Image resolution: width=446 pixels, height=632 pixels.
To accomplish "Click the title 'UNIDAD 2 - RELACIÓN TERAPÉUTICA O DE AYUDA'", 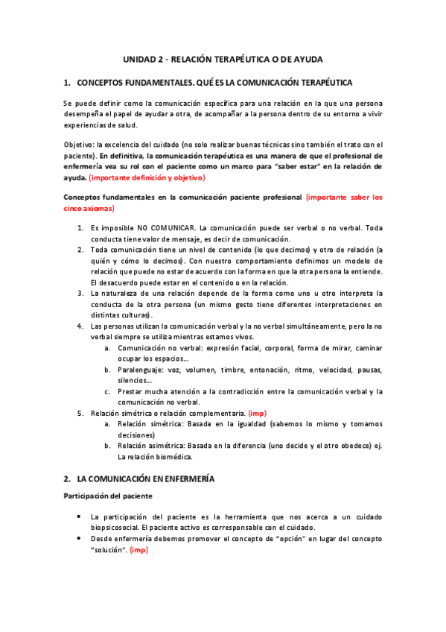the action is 223,58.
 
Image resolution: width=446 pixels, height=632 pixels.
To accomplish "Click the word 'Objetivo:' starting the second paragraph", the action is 79,145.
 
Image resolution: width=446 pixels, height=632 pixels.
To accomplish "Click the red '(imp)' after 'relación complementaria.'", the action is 257,412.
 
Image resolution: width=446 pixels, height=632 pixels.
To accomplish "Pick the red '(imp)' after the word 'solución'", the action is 139,550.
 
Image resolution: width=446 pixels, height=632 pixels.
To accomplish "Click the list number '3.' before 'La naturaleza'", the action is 80,293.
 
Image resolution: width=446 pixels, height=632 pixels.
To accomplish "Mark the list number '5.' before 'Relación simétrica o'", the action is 80,412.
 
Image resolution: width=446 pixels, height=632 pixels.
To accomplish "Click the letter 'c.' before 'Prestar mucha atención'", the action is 108,391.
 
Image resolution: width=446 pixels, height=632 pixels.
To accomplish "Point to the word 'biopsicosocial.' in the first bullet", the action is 115,527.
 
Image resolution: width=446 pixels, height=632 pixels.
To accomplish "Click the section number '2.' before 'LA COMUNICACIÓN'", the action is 67,479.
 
